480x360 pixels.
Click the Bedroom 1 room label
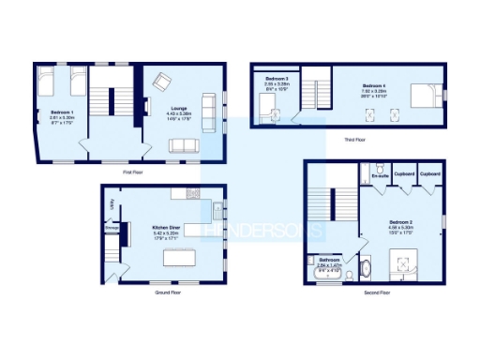coord(62,112)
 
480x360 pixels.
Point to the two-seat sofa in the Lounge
coord(182,145)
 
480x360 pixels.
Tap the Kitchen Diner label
coord(141,226)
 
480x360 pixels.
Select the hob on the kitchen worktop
coord(193,193)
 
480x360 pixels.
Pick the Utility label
coord(112,202)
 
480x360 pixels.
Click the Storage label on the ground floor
coord(112,226)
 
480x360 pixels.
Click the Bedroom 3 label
coord(277,78)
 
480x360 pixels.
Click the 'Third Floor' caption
coord(354,140)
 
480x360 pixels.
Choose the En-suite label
coord(380,175)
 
